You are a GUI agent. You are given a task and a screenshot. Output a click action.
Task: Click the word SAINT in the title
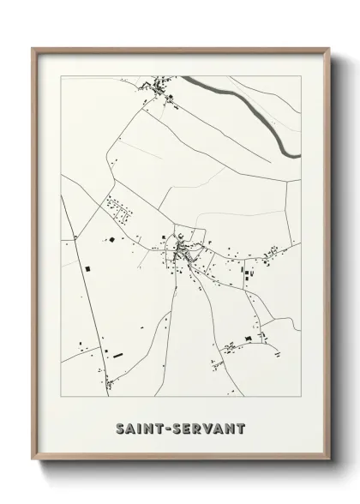(x=144, y=424)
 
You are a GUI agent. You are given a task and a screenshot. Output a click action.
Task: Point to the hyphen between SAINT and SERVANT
(x=172, y=424)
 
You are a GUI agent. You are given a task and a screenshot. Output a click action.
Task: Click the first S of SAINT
(x=121, y=424)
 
